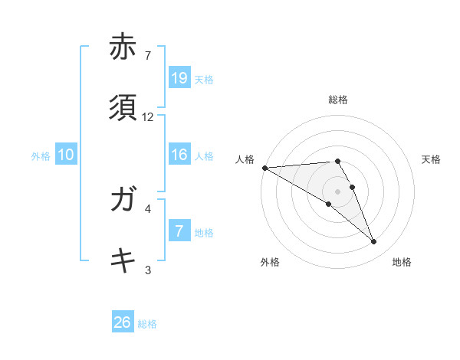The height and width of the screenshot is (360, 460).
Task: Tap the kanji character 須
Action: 123,109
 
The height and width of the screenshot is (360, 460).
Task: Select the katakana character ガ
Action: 123,200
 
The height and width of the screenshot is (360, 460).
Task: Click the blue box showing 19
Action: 179,77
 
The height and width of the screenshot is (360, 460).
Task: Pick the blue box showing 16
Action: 179,155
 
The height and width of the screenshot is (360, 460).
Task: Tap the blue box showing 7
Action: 179,231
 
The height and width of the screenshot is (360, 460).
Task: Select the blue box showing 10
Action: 66,155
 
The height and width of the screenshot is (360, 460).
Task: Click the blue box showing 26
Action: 123,322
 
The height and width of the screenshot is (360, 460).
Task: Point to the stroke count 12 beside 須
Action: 148,117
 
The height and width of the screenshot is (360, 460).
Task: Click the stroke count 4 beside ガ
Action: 148,208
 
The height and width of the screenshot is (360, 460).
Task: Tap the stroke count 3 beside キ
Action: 148,269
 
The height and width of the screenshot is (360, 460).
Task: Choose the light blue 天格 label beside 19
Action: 204,79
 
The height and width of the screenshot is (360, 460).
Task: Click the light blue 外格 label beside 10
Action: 41,156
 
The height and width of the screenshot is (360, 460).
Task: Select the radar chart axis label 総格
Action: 338,100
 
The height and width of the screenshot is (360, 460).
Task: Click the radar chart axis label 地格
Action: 402,262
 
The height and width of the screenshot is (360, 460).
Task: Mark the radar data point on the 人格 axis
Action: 264,168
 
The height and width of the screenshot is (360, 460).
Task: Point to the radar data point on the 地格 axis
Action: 374,242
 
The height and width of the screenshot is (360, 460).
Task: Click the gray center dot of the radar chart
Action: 337,190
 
